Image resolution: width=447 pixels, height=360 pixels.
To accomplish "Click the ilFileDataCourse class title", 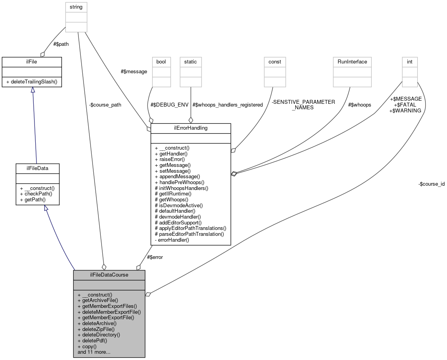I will [109, 275].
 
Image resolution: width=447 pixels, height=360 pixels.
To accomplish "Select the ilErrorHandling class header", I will [191, 128].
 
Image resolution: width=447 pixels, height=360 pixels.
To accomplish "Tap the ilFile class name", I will [31, 62].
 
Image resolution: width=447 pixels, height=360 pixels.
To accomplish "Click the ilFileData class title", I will [37, 168].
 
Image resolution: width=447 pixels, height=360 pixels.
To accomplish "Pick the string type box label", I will [76, 7].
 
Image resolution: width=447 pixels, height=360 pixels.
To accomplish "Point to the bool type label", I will [161, 62].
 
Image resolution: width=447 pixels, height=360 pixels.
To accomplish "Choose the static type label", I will [191, 62].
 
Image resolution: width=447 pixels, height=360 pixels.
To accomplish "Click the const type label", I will [274, 62].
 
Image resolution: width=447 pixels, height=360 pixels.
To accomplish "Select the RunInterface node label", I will [352, 62].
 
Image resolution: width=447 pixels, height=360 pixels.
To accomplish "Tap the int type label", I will [410, 62].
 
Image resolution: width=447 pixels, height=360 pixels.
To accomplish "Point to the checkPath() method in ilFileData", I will [36, 194].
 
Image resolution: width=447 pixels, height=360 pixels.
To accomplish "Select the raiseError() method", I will [170, 159].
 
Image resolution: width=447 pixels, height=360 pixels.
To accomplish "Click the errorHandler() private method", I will [172, 240].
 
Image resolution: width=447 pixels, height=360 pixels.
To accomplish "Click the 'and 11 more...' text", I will [94, 352].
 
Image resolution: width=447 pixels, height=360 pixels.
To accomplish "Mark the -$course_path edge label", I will [105, 105].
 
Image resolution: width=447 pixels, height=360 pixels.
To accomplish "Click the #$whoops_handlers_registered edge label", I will [228, 105].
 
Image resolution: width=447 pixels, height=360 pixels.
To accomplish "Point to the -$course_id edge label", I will [431, 183].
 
